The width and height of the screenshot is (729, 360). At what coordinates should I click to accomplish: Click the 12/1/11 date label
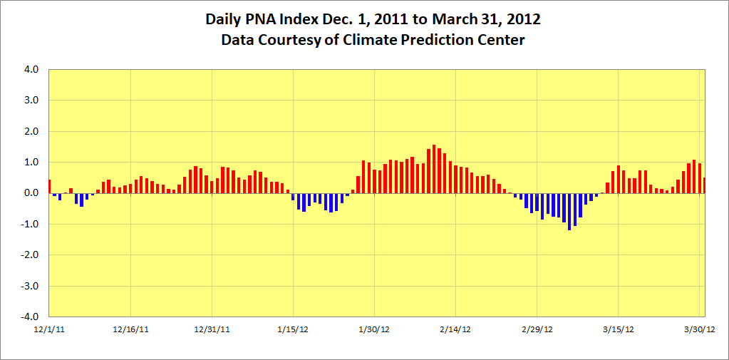tap(49, 329)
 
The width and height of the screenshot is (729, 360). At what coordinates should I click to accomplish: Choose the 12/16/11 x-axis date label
tap(131, 329)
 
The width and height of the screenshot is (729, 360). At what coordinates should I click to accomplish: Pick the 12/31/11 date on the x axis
tap(212, 329)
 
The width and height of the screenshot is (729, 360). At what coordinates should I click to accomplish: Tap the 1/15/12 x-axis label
tap(294, 329)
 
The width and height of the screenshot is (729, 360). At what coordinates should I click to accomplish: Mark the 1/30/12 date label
tap(375, 329)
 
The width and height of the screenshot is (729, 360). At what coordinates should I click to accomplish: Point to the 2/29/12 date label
tap(537, 329)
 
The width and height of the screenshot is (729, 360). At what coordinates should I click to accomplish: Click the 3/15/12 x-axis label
tap(619, 329)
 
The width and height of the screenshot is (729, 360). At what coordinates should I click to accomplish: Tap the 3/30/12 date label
tap(700, 329)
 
